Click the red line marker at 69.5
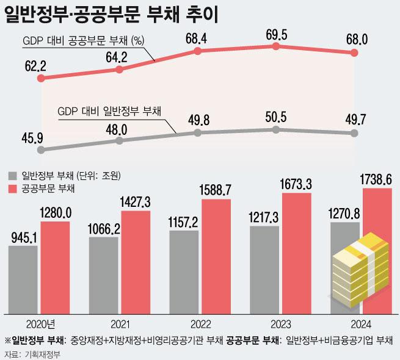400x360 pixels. pyautogui.click(x=277, y=46)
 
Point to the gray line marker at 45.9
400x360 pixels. pyautogui.click(x=41, y=149)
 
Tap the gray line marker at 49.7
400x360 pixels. pyautogui.click(x=356, y=133)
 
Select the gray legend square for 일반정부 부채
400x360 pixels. pyautogui.click(x=12, y=176)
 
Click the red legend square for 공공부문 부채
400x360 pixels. pyautogui.click(x=12, y=189)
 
